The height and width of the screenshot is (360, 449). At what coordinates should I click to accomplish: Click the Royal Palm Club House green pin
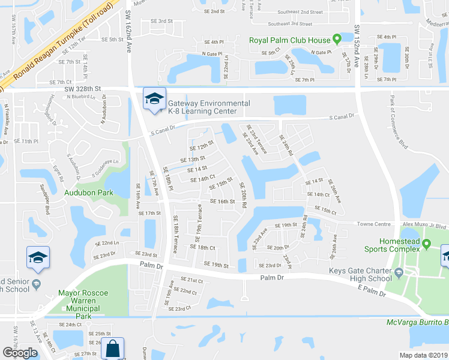coord(337,40)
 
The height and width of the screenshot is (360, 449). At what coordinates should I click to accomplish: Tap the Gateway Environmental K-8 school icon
coord(154,100)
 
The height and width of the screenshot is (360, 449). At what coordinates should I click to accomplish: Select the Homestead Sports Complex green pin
coord(426,244)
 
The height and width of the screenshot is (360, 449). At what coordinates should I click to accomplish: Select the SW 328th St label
coord(82,88)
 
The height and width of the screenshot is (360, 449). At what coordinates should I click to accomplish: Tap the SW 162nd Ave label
coord(129,27)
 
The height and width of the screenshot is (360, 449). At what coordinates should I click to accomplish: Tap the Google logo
coord(20,352)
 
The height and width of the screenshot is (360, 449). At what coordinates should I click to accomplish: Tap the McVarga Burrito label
coord(417,322)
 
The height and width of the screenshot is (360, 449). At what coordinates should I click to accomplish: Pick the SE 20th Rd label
coord(243,195)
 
